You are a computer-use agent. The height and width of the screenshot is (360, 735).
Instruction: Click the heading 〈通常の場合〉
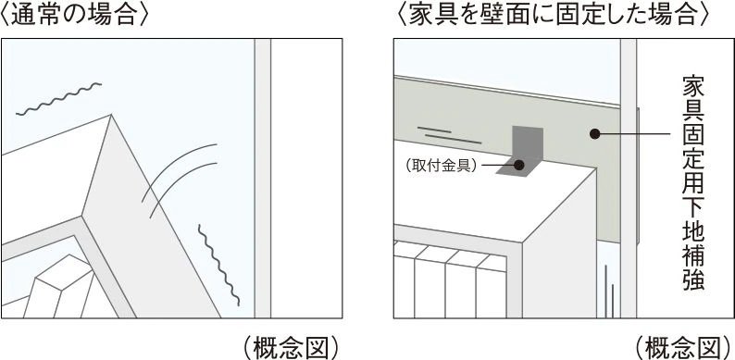74,15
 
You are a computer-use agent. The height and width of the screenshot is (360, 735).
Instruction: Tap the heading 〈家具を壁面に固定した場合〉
552,15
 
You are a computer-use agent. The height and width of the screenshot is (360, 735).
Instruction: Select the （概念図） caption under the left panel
291,347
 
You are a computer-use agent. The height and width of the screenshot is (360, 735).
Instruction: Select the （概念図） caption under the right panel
683,347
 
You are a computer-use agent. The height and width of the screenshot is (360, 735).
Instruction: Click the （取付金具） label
442,166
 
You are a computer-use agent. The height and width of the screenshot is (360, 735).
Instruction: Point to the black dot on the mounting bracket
519,165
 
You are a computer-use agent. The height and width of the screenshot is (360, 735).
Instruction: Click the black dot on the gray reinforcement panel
595,134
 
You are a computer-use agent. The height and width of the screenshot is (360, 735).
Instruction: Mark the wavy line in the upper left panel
58,99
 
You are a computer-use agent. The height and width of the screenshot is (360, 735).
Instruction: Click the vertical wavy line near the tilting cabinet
218,265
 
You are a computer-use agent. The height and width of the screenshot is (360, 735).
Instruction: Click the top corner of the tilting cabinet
111,115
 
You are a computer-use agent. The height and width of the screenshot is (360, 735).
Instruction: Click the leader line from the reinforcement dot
636,134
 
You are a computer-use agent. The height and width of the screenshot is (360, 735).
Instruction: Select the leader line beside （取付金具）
498,165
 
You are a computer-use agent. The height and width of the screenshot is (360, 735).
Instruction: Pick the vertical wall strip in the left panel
263,179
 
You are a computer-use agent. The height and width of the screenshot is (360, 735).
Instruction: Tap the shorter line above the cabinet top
434,130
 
